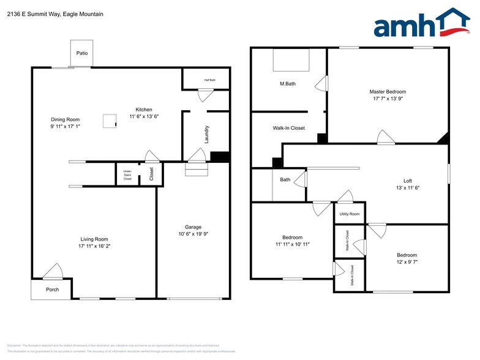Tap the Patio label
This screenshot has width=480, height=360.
point(81,53)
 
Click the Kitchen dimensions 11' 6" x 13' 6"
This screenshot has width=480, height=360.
point(144,116)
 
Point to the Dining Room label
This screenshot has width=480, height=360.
point(65,119)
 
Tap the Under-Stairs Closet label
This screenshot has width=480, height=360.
point(127,175)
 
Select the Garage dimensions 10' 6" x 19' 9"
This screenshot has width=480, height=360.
point(193,234)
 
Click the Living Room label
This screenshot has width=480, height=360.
point(94,239)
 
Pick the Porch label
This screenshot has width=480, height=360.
point(53,289)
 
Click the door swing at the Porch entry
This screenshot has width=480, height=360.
point(53,271)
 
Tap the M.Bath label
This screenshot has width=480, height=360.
point(288,84)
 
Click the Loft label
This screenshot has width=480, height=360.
point(407,181)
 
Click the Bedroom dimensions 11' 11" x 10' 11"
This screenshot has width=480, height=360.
point(292,244)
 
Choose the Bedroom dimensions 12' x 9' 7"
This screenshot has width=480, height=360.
point(407,261)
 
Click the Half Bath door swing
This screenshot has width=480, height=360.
point(205,95)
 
